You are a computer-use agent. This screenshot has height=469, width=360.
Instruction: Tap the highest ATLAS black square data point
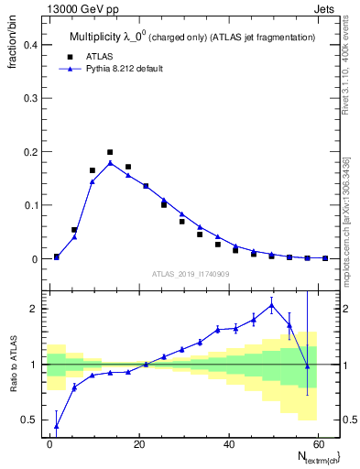click(110, 152)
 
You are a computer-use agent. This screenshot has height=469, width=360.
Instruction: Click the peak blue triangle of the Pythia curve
click(110, 163)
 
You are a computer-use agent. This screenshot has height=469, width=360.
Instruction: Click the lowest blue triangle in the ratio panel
click(57, 425)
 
